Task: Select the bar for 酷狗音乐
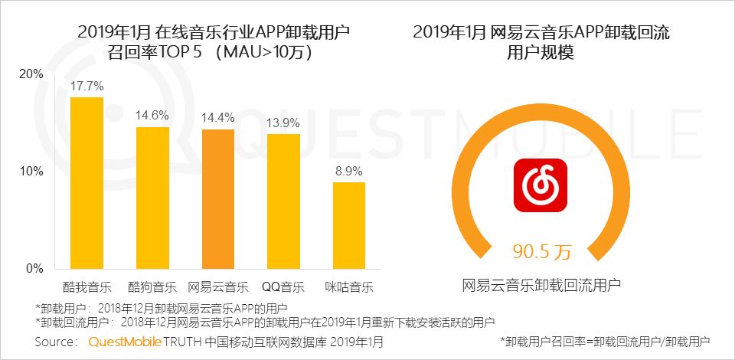coord(152,198)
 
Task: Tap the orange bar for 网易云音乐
coord(218,198)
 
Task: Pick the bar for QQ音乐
coord(283,201)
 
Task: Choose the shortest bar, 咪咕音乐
coord(348,225)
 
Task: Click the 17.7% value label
coord(87,86)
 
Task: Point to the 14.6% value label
coord(152,116)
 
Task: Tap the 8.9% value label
coord(348,171)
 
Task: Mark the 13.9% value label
coord(283,123)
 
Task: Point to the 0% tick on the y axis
coord(34,269)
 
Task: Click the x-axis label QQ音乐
coord(283,288)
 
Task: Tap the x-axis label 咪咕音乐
coord(348,288)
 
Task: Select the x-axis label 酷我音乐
coord(87,288)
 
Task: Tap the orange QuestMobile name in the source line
coord(125,342)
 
